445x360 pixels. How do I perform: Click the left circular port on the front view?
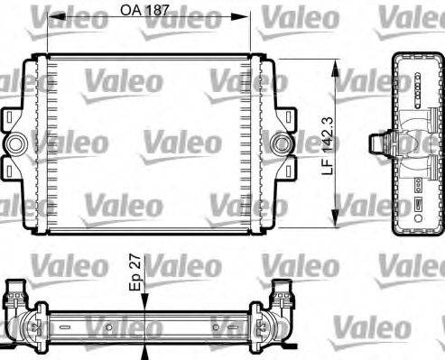click(16, 143)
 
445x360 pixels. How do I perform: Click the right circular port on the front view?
click(283, 143)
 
